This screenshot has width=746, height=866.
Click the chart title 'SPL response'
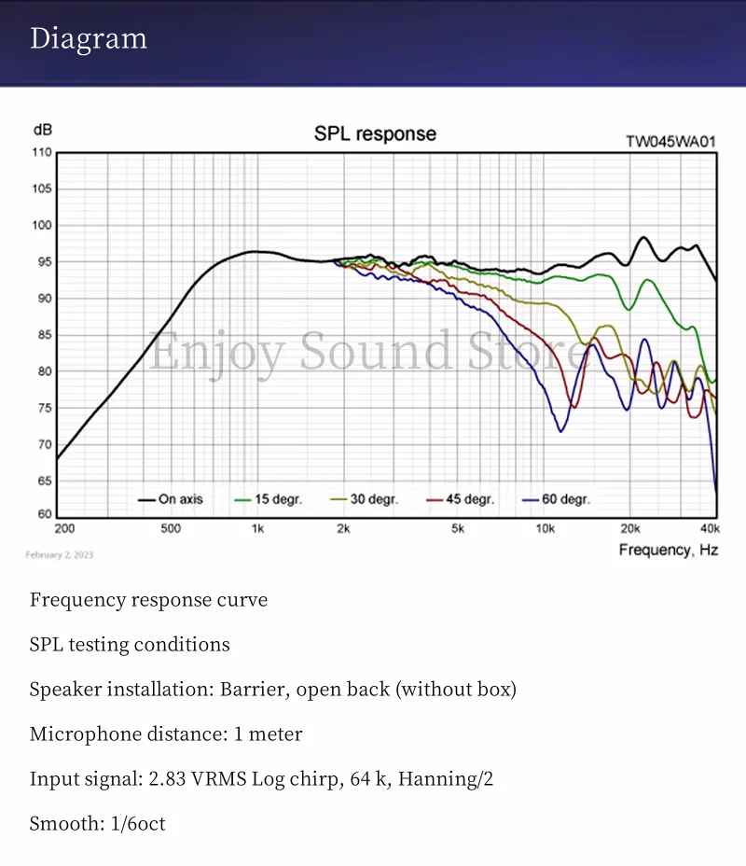click(x=375, y=133)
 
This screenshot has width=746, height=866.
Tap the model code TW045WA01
click(x=671, y=142)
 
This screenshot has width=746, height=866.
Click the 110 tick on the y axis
click(x=42, y=153)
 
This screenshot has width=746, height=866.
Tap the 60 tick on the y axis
click(x=44, y=514)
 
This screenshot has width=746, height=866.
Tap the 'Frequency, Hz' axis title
click(x=668, y=550)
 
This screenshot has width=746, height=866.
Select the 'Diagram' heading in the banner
click(x=89, y=39)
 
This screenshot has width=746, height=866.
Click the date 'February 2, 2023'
click(x=59, y=555)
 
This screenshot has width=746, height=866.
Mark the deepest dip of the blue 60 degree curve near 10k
click(x=560, y=431)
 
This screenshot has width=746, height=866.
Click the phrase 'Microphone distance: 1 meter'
click(x=166, y=733)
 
